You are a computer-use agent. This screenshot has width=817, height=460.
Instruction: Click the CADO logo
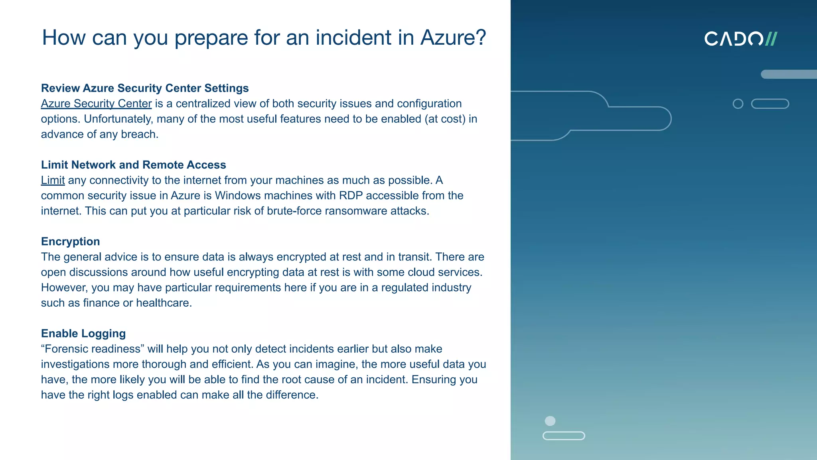(x=740, y=39)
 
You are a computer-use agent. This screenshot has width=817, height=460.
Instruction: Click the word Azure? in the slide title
(x=453, y=38)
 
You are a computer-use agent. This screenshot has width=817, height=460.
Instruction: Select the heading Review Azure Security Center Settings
(x=145, y=88)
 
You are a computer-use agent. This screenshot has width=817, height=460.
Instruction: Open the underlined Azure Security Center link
(x=96, y=103)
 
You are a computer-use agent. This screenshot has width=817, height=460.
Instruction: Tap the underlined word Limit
(x=53, y=180)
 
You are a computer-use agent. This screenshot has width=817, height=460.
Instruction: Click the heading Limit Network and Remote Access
(x=133, y=165)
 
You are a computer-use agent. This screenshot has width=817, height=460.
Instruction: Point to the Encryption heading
(x=70, y=241)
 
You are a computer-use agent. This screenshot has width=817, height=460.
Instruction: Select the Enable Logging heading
(x=83, y=333)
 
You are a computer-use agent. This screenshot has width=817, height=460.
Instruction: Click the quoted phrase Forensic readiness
(x=93, y=349)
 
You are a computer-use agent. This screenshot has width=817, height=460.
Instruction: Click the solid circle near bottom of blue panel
(x=550, y=421)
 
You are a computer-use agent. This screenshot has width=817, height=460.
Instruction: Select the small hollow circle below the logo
(x=738, y=104)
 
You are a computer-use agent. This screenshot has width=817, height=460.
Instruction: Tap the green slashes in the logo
(x=771, y=39)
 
